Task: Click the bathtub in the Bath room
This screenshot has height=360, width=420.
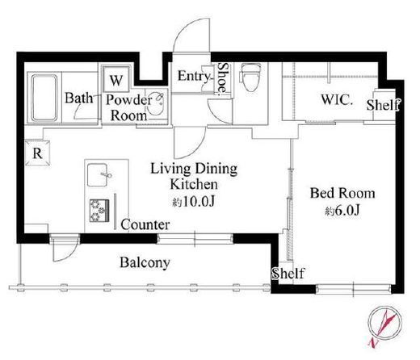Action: pyautogui.click(x=44, y=98)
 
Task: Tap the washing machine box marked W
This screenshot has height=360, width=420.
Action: pyautogui.click(x=116, y=79)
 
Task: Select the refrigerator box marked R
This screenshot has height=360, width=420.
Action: pyautogui.click(x=37, y=153)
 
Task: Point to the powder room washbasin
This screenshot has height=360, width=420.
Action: pyautogui.click(x=156, y=103)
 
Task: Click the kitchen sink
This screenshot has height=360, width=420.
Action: pyautogui.click(x=99, y=174)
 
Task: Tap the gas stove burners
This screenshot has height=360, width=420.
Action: pyautogui.click(x=99, y=211)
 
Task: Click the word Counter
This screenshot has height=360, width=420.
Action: pyautogui.click(x=145, y=224)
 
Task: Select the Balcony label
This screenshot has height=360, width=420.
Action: pyautogui.click(x=145, y=262)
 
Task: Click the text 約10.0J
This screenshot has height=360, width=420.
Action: pyautogui.click(x=194, y=202)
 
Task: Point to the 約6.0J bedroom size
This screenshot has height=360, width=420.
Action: pyautogui.click(x=342, y=211)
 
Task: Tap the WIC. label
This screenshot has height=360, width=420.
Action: pyautogui.click(x=337, y=99)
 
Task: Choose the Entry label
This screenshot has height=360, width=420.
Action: pyautogui.click(x=194, y=76)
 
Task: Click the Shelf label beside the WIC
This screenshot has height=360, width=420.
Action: pyautogui.click(x=383, y=105)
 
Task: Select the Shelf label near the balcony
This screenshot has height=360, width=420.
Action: pyautogui.click(x=288, y=274)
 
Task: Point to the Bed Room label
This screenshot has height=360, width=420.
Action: pyautogui.click(x=342, y=193)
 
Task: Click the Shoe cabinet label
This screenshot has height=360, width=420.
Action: pyautogui.click(x=223, y=78)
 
